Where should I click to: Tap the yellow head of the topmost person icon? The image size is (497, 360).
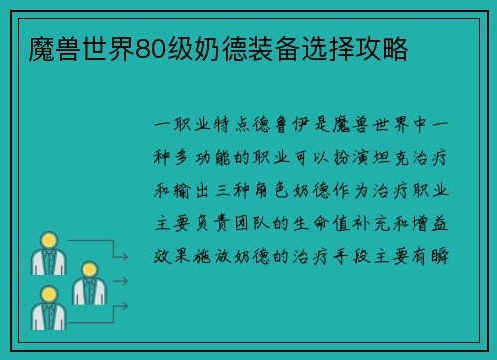point(46,241)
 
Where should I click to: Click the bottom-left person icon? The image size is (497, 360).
point(46,308)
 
